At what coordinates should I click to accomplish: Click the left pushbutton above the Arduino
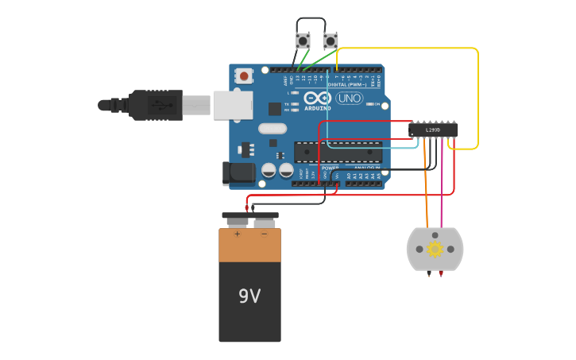pos(303,40)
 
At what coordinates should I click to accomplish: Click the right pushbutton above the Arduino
pos(331,40)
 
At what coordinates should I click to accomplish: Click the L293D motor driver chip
pos(433,130)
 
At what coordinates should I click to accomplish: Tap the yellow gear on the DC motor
pos(435,250)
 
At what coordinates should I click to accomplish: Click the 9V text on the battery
pos(249,296)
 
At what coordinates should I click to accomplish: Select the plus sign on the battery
pos(237,234)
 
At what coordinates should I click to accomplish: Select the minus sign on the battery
pos(264,234)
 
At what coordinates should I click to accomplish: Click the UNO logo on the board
pos(349,99)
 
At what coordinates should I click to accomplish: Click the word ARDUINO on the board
pos(318,108)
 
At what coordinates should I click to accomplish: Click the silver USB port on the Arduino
pos(232,105)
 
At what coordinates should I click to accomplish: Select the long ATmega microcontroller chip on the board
pos(337,152)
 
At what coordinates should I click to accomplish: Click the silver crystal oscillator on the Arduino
pos(272,129)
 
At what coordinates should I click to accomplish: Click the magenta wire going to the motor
pos(442,191)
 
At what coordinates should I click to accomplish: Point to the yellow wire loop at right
pos(477,95)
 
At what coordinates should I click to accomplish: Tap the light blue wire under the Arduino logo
pos(373,147)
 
